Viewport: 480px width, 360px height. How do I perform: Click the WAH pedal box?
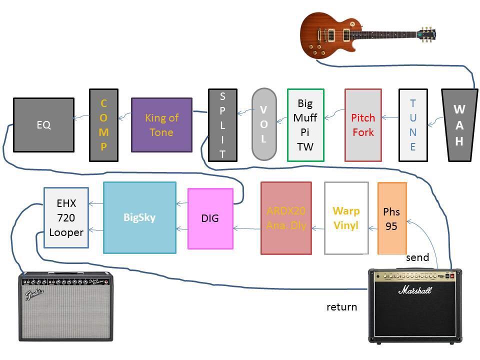(459, 125)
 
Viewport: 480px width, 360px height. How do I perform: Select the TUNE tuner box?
(413, 125)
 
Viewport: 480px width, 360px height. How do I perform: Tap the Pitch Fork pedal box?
(363, 125)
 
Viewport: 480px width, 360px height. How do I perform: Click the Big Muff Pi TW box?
(305, 125)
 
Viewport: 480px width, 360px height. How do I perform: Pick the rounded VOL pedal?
(263, 124)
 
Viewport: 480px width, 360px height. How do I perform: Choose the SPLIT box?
(222, 125)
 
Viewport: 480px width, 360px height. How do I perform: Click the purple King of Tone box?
(161, 125)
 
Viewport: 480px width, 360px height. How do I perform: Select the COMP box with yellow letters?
(103, 125)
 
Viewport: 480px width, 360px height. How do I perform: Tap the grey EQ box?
(43, 125)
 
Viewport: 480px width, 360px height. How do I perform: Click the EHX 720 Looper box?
(66, 217)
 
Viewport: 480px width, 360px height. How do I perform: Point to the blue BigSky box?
(139, 217)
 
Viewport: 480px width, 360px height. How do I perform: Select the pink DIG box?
(210, 218)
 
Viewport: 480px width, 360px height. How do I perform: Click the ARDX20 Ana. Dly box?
(286, 218)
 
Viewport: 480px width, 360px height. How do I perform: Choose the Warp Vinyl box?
(346, 218)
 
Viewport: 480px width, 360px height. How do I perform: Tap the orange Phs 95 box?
(391, 218)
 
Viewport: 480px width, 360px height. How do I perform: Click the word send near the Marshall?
(417, 257)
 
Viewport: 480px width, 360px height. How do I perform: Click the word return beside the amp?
(341, 306)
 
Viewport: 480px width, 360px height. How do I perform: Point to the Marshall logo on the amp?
(415, 290)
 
